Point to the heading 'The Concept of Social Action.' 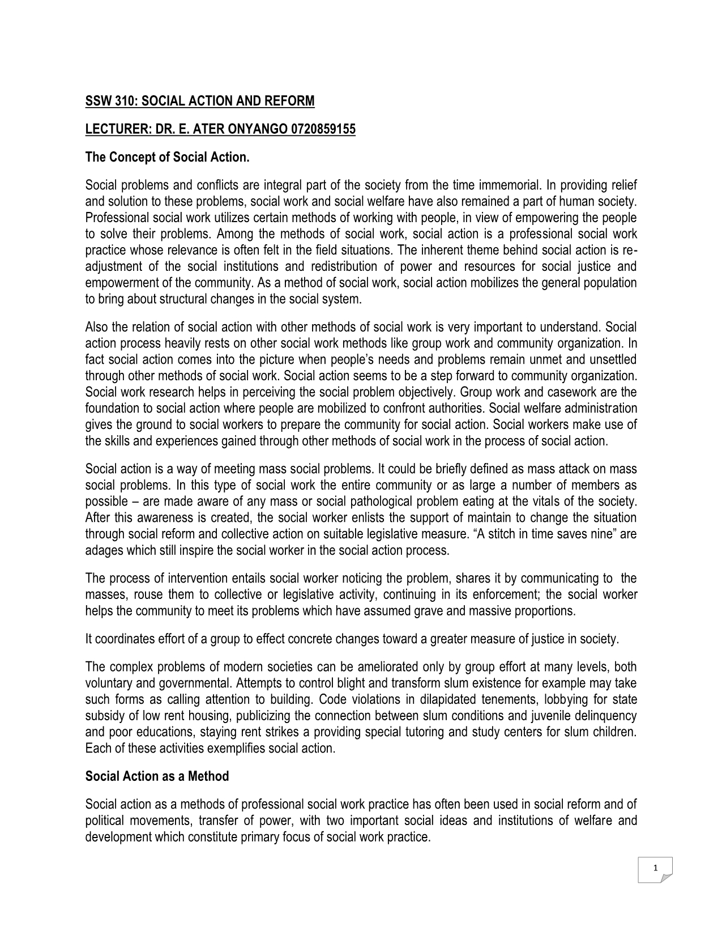pos(167,157)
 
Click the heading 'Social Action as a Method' pos(157,776)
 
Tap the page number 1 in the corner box pos(655,868)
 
